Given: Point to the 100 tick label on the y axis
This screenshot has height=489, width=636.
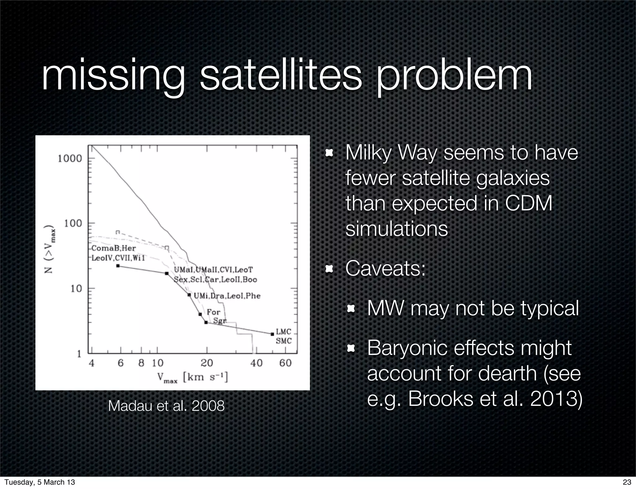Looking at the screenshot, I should click(73, 223).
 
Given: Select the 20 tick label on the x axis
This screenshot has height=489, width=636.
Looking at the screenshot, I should click(207, 363).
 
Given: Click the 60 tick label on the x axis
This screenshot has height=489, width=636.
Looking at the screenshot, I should click(285, 363).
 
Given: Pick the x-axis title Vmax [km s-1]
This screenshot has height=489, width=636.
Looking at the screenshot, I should click(192, 377).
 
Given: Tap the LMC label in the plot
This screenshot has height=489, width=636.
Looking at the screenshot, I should click(283, 332).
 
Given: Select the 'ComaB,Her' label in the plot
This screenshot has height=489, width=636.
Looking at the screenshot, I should click(114, 248).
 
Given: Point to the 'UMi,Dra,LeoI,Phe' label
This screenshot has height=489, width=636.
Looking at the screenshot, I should click(227, 296).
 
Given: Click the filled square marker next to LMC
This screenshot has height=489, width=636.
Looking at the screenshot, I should click(272, 334).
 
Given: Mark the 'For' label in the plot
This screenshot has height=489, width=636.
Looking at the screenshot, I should click(213, 312).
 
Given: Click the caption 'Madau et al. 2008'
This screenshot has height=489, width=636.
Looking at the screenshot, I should click(166, 406).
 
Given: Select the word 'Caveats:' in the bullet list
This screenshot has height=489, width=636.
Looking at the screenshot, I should click(385, 268).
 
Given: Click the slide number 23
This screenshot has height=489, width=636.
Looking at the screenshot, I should click(627, 482).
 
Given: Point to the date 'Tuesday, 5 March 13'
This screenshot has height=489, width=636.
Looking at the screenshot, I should click(40, 482).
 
